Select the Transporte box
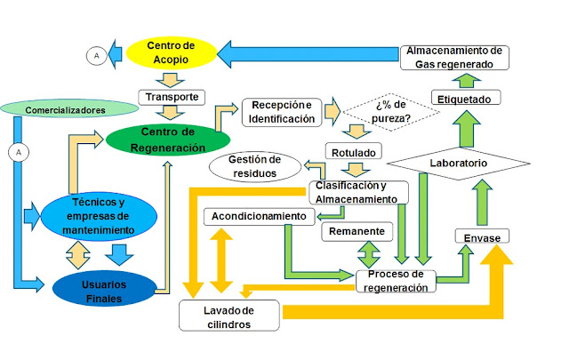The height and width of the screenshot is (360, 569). coord(173,96)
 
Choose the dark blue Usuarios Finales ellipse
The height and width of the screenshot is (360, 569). coord(99,290)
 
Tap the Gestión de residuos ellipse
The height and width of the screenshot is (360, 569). coord(253,166)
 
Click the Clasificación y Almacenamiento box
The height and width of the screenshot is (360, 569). coord(359,192)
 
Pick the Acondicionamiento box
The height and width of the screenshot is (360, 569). coord(257,217)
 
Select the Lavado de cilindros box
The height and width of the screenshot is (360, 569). coord(229,316)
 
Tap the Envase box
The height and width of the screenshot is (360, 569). coord(482,237)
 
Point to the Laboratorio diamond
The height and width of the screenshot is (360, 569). coord(459,164)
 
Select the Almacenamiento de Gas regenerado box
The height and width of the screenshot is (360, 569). coord(454,56)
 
